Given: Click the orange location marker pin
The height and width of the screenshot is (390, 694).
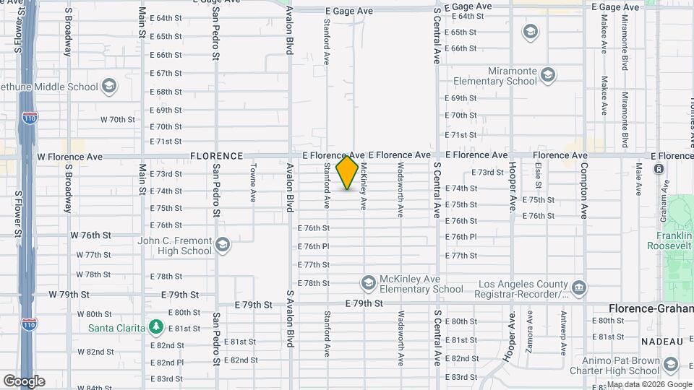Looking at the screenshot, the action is (348, 172).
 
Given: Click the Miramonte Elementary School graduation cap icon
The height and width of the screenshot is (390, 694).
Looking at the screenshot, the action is (549, 75).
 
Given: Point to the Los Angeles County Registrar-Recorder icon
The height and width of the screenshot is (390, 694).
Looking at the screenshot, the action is (578, 288).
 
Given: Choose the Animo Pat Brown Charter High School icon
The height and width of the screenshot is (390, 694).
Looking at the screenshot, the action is (670, 365).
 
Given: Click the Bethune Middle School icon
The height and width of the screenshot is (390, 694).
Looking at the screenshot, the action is (108, 87).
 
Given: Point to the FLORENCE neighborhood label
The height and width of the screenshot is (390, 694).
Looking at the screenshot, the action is (216, 156).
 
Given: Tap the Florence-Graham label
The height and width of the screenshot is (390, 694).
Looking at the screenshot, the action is (651, 308).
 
